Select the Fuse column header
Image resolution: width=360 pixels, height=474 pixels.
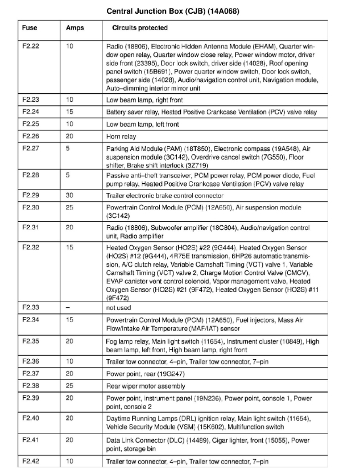pyautogui.click(x=30, y=28)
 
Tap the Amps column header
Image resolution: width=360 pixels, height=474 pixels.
pyautogui.click(x=75, y=28)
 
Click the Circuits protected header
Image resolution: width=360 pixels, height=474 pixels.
pyautogui.click(x=139, y=28)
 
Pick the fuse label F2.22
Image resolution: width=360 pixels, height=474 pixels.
pyautogui.click(x=31, y=46)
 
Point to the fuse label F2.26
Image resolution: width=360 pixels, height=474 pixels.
pyautogui.click(x=31, y=137)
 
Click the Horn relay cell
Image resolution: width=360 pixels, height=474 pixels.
pyautogui.click(x=121, y=137)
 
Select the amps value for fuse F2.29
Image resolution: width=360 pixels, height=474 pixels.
pyautogui.click(x=70, y=195)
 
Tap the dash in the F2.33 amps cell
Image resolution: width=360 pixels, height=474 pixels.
pyautogui.click(x=69, y=307)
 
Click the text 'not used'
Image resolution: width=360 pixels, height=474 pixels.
pyautogui.click(x=119, y=307)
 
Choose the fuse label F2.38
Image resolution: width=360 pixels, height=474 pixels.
pyautogui.click(x=31, y=385)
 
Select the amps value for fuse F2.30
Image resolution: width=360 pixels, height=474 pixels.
pyautogui.click(x=70, y=208)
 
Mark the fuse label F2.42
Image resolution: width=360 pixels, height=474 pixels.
pyautogui.click(x=31, y=461)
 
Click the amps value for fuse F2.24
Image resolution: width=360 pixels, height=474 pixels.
pyautogui.click(x=70, y=112)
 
